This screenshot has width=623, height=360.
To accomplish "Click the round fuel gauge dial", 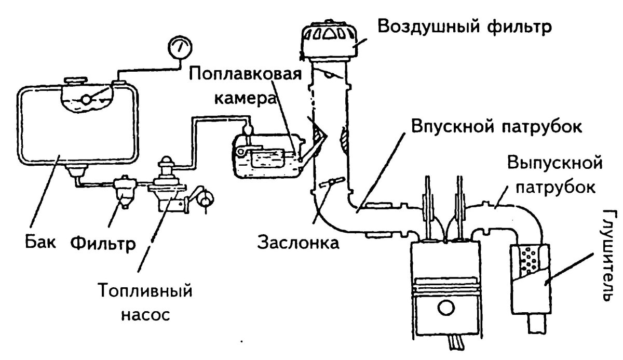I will tap(179, 49).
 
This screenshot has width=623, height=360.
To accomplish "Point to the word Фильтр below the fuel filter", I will tap(102, 243).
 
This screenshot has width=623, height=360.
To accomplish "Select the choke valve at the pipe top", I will tap(329, 75).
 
